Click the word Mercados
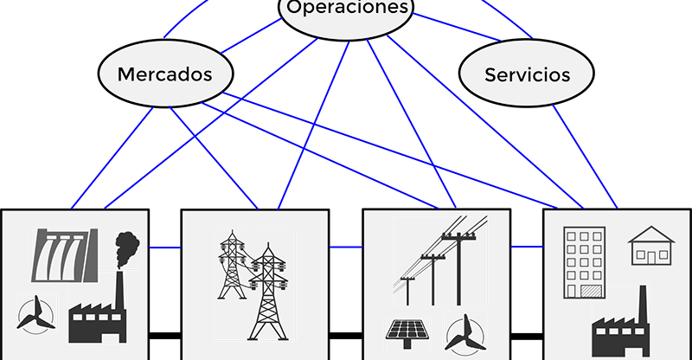(x=164, y=74)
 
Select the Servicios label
(x=527, y=74)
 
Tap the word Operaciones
(x=347, y=9)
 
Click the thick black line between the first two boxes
(x=164, y=333)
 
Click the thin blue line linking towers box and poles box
(x=345, y=247)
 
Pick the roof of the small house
(x=650, y=235)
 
